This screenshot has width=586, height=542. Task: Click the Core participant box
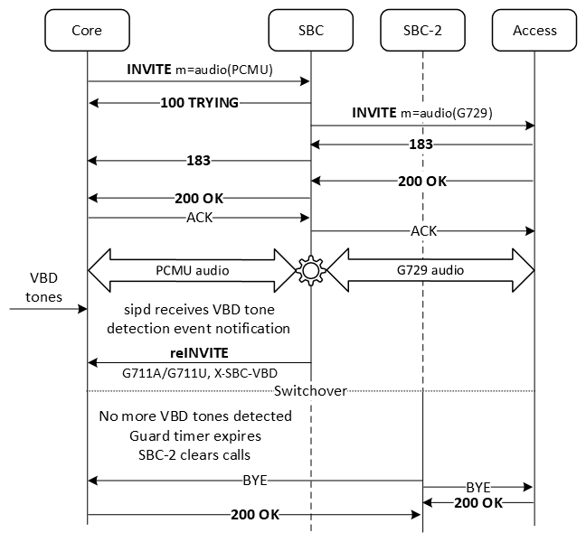(x=87, y=30)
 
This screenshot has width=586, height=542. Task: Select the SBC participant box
(x=310, y=30)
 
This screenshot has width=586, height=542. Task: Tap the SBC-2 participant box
(x=422, y=30)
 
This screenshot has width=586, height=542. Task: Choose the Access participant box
(x=534, y=30)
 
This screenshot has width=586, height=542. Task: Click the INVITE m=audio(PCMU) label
(x=198, y=69)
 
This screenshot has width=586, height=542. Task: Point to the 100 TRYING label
(x=198, y=103)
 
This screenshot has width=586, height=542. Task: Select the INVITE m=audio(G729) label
(x=422, y=113)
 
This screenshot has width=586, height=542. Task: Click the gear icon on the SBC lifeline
(x=310, y=268)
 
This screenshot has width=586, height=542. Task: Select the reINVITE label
(x=198, y=351)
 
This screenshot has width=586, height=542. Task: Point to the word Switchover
(x=310, y=391)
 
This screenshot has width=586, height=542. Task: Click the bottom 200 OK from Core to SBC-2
(x=254, y=515)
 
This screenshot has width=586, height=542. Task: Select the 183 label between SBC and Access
(x=422, y=145)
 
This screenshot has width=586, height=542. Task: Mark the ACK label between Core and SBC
(x=198, y=218)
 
